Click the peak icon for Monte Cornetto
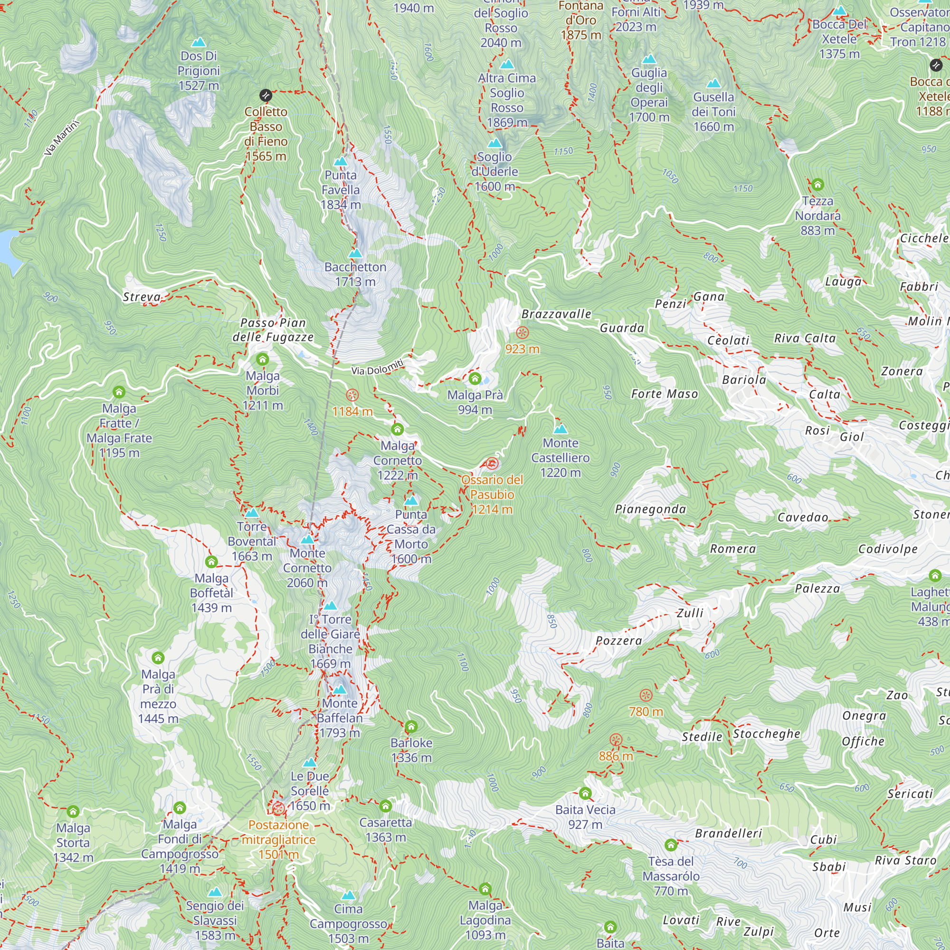pos(307,540)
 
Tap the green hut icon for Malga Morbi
pos(263,360)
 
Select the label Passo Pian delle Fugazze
pos(273,330)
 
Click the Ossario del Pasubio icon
pos(492,464)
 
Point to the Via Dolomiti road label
pos(378,367)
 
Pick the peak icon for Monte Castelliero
pos(560,429)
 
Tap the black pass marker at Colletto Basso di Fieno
pos(266,95)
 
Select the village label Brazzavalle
pos(556,313)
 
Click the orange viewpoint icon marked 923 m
pos(522,333)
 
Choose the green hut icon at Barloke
pos(411,726)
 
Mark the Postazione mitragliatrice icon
pos(278,808)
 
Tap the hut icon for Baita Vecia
pos(585,793)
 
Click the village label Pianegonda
pos(650,509)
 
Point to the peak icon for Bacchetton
pos(355,254)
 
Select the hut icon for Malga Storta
pos(73,811)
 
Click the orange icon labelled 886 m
pos(616,740)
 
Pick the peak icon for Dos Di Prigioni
pos(199,42)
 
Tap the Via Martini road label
pos(62,138)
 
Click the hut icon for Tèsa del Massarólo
pos(671,845)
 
